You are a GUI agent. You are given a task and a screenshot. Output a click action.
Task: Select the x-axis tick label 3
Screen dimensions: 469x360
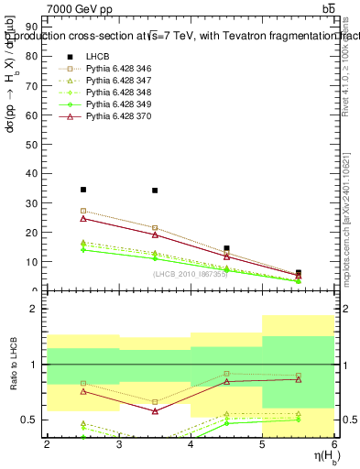[119, 444]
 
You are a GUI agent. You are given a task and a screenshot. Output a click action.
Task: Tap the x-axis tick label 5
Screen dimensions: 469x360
[263, 444]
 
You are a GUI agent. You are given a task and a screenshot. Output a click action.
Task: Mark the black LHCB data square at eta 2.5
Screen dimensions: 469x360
[83, 190]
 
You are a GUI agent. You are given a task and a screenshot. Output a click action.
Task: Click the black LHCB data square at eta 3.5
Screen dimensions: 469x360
[155, 191]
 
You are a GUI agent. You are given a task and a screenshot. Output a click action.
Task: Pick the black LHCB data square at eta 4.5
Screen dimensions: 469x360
[226, 248]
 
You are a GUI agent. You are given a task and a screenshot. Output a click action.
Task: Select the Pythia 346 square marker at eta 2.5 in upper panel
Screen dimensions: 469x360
[83, 211]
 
